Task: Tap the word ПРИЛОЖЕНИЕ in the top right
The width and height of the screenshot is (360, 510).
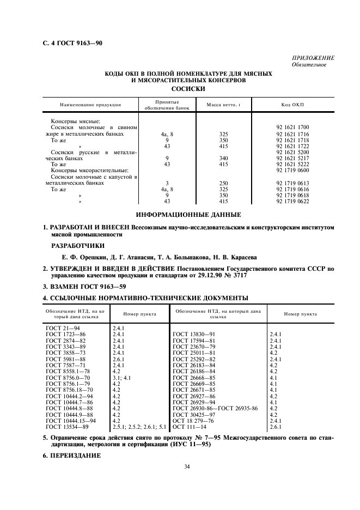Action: pos(313,58)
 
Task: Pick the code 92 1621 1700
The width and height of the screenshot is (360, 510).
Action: pos(292,127)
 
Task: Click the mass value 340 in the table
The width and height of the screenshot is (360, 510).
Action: pos(223,159)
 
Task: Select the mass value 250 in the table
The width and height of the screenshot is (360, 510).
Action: pos(223,184)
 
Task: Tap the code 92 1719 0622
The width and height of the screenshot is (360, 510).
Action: pos(292,202)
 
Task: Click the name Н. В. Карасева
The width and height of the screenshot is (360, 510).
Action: pos(232,257)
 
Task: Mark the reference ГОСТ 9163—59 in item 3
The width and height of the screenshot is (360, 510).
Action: pos(98,287)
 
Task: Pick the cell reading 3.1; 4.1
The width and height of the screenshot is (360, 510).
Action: pos(122,377)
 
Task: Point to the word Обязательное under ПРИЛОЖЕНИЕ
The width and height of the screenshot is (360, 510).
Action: pos(309,65)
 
